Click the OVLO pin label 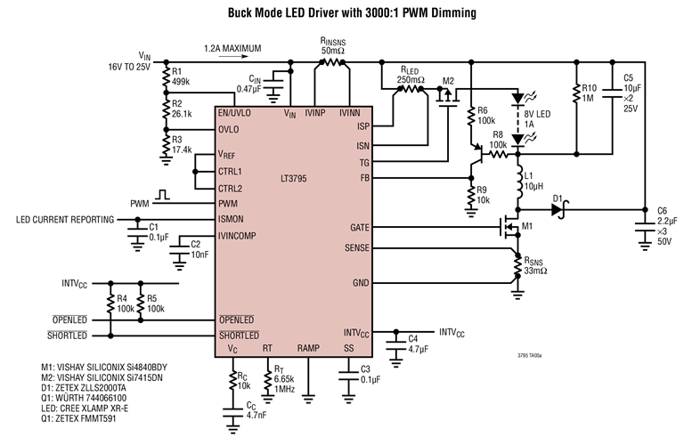coord(230,130)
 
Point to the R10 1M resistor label coord(589,93)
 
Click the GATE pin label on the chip coord(360,227)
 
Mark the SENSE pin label coord(357,248)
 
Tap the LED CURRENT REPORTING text coord(63,218)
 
